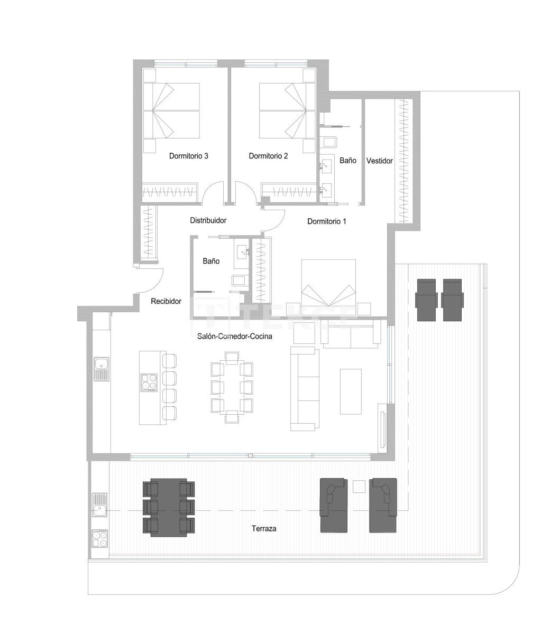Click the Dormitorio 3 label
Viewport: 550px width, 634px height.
189,156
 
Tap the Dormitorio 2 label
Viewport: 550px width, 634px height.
268,156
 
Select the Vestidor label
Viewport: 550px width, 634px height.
379,161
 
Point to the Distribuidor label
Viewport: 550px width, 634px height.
208,221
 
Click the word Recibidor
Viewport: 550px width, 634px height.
166,302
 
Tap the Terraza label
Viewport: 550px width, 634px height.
264,528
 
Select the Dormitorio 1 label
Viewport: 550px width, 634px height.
326,222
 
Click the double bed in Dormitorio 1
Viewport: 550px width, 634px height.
328,285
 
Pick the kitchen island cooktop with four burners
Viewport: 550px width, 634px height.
149,381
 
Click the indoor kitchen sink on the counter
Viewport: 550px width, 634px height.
100,368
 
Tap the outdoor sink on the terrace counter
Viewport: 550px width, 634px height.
99,505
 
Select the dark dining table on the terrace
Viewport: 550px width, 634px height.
169,506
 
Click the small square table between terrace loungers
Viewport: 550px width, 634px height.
359,486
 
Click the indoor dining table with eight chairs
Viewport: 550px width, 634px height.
232,387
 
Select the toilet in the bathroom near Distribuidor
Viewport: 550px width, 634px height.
239,281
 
